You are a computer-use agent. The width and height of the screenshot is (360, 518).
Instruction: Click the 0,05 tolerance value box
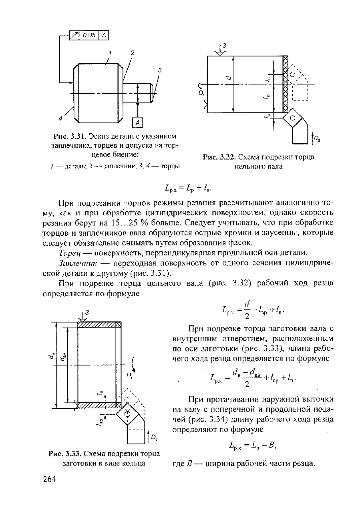point(89,35)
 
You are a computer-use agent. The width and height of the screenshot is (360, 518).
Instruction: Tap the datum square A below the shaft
point(138,122)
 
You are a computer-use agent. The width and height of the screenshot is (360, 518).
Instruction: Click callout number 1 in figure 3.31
point(110,53)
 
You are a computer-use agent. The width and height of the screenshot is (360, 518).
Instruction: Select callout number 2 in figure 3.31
point(132,53)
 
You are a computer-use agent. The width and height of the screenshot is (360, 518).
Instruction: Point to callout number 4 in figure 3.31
point(60,118)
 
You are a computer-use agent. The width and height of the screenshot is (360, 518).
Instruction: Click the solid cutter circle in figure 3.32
point(292,118)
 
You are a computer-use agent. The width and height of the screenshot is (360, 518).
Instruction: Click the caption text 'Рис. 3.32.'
point(219,157)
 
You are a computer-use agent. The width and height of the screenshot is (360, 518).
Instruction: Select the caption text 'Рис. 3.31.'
point(70,136)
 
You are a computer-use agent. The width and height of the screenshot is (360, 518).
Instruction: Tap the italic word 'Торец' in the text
point(70,253)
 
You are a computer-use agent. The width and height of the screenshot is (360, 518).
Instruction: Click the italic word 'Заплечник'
point(78,263)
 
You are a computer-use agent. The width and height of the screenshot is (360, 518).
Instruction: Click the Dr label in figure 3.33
point(130,376)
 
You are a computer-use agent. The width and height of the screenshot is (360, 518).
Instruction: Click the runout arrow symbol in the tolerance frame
point(74,35)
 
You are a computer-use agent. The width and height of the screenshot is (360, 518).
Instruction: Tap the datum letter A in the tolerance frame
point(104,35)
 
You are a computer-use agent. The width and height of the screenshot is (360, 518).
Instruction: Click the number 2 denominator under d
point(247,316)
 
